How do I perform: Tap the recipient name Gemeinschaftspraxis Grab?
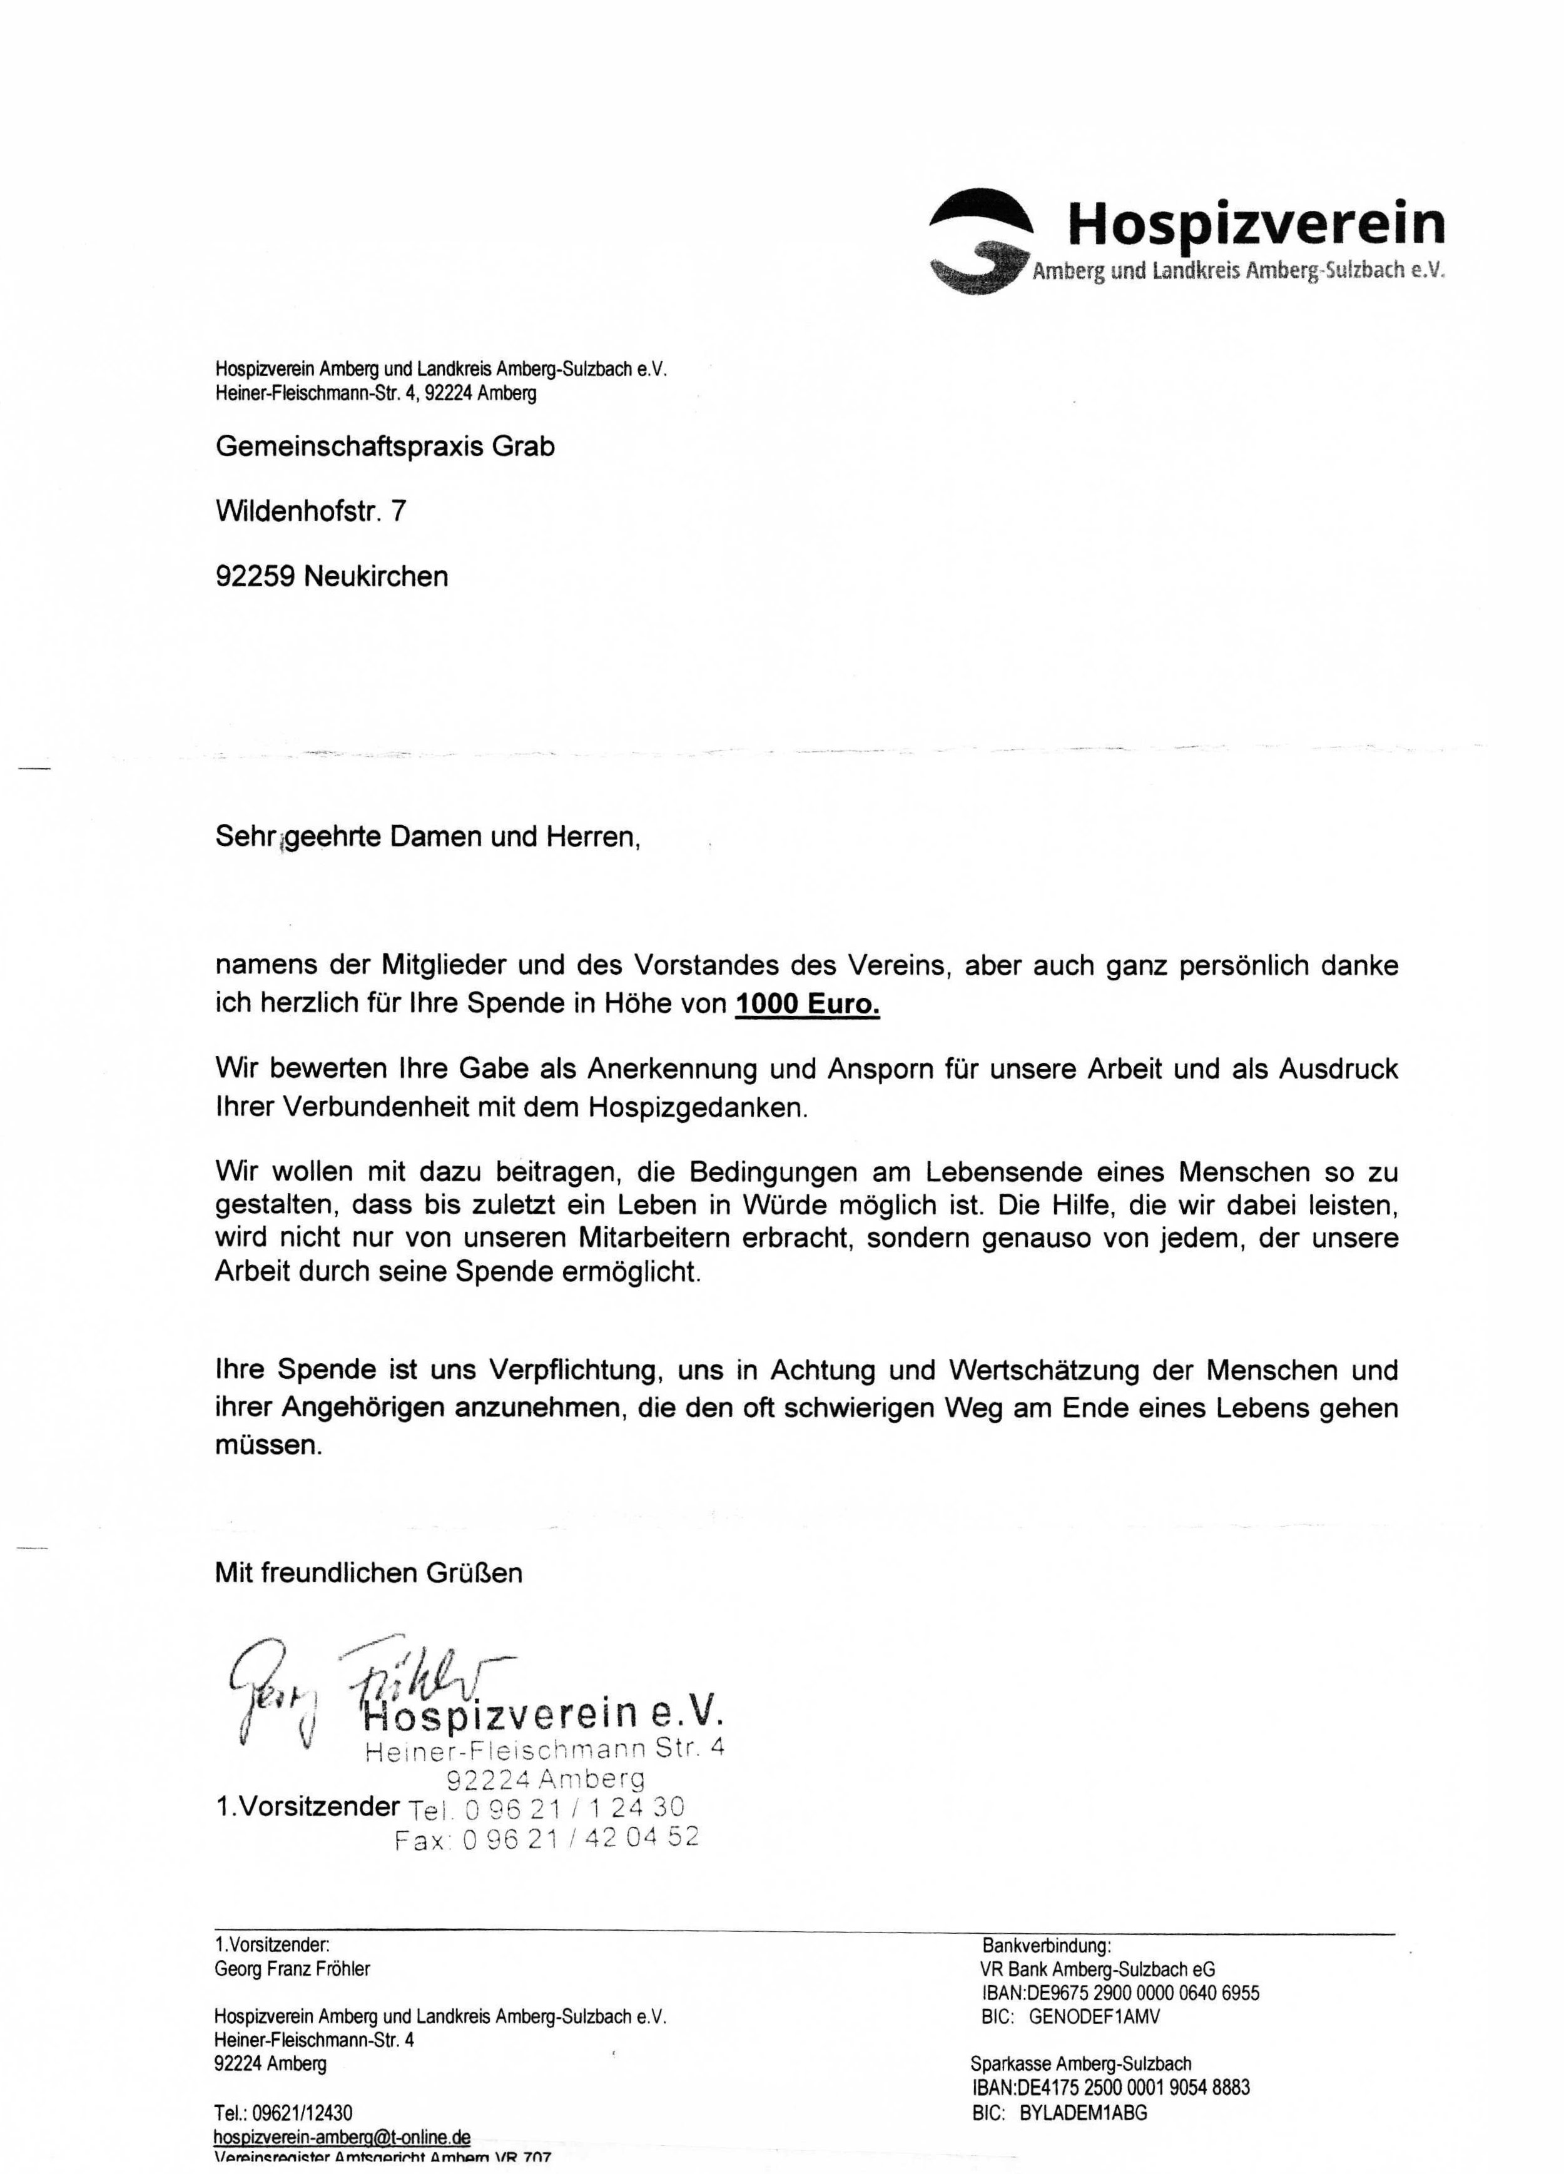click(385, 447)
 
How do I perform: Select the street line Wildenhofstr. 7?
click(310, 511)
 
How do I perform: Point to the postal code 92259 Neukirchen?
click(332, 576)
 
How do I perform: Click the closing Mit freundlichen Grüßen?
click(369, 1573)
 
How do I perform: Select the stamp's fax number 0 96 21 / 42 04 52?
click(546, 1837)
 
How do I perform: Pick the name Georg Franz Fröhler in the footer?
click(292, 1969)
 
